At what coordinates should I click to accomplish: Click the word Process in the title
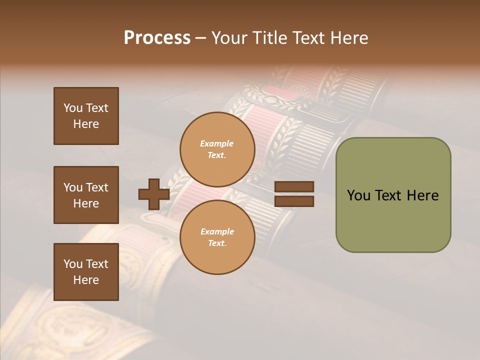157,37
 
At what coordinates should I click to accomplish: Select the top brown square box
86,116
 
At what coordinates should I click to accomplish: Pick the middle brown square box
86,195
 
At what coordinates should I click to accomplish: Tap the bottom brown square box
86,272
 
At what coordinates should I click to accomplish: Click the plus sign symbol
154,194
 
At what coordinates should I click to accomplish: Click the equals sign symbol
294,194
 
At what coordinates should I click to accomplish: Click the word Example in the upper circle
216,143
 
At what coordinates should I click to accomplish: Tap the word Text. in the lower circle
217,243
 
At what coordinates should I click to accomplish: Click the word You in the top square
73,108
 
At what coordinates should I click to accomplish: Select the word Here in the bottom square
86,280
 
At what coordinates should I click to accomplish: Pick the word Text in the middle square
97,187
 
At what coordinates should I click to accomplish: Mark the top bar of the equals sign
294,186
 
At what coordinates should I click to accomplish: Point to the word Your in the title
228,37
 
